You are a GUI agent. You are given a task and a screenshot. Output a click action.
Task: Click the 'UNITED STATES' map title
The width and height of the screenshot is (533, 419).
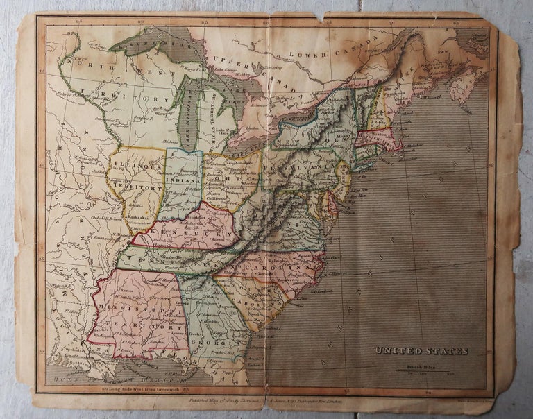point(421,351)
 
